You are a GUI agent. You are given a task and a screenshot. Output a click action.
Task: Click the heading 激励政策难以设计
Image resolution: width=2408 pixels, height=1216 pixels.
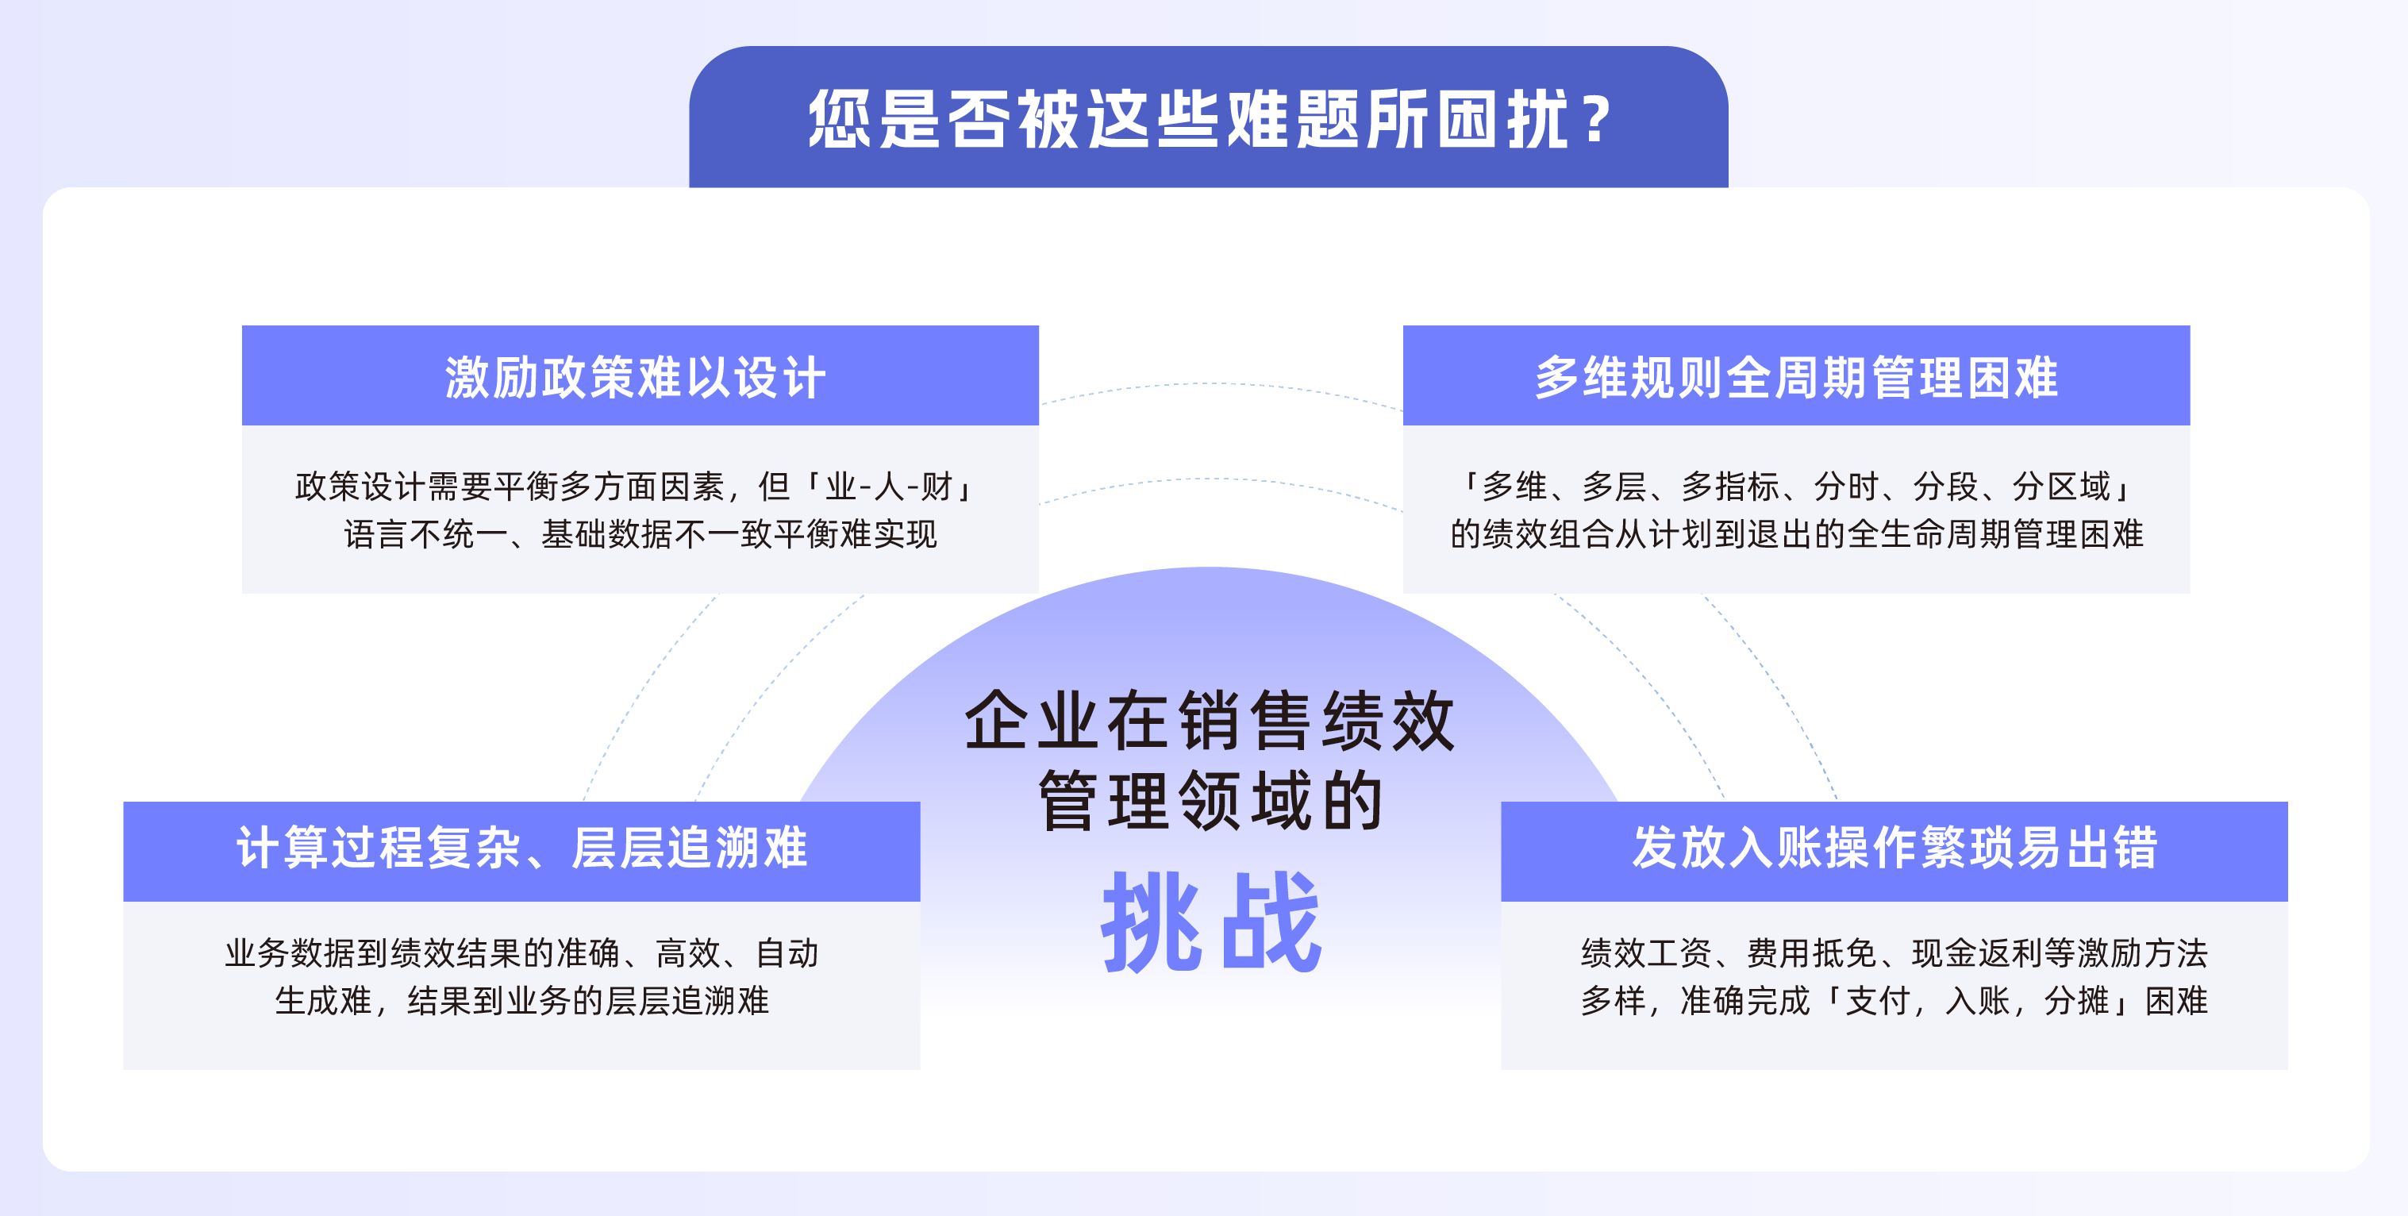click(636, 378)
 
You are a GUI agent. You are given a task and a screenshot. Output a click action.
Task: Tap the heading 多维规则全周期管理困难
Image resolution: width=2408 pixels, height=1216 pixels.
click(1796, 378)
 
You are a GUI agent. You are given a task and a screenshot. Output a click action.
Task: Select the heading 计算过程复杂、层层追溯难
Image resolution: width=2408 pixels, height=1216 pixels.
click(521, 848)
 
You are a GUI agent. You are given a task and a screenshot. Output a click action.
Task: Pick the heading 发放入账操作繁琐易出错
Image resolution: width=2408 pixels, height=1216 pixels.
click(1894, 848)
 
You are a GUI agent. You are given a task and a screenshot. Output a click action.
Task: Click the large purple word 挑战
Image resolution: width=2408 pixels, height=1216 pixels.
click(1210, 922)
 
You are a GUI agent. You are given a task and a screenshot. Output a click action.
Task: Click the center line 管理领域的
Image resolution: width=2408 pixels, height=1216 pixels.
click(1210, 801)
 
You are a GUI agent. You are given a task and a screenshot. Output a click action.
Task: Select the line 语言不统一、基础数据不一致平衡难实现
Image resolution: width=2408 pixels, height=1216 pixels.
click(640, 533)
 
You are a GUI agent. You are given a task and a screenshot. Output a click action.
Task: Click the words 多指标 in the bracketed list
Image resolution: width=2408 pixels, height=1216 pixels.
click(1730, 486)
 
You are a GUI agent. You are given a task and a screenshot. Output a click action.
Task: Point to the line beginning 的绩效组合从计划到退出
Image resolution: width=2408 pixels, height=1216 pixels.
click(1797, 533)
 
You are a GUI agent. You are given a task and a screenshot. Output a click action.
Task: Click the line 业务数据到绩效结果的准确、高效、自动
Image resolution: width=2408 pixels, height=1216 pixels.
click(521, 953)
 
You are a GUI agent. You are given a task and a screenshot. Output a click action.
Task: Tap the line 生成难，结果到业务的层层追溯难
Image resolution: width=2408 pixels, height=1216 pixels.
click(521, 1001)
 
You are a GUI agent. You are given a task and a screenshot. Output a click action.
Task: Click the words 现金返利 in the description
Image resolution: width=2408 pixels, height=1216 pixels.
click(1977, 953)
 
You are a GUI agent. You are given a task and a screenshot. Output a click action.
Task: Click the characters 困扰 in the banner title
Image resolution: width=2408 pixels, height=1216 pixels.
click(1502, 120)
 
